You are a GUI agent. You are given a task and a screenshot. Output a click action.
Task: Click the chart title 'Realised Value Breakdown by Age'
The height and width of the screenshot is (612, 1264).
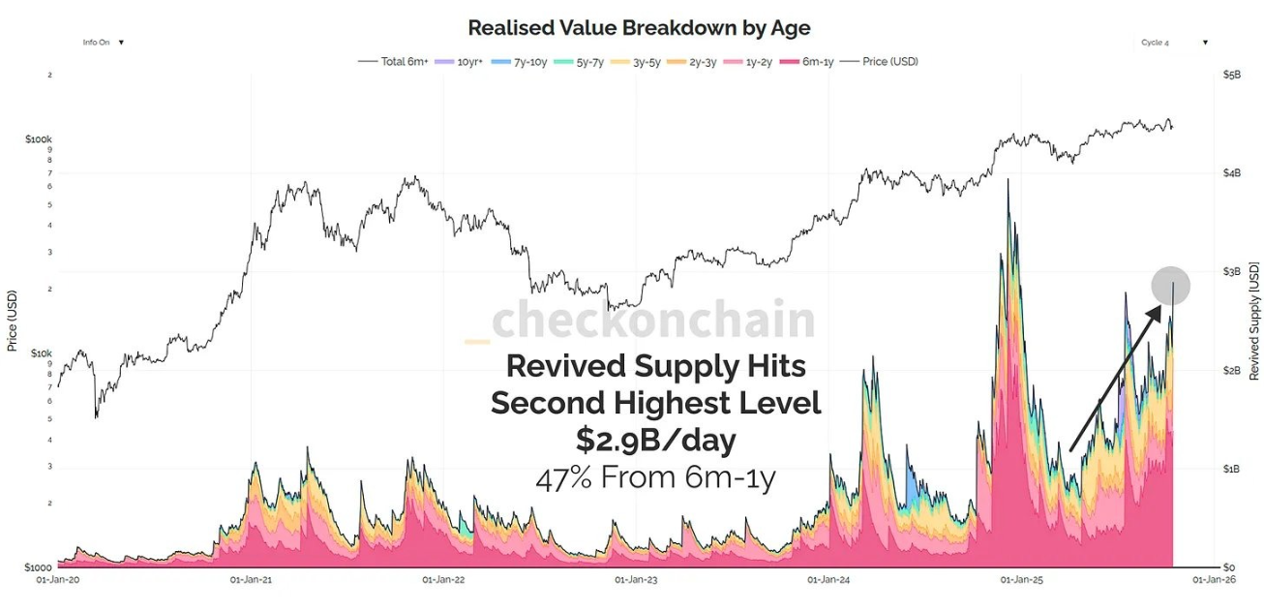(x=639, y=28)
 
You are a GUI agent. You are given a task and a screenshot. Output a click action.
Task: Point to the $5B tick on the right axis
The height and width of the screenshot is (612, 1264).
(x=1230, y=75)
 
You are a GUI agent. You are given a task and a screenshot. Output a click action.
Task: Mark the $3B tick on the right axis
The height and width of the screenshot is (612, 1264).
(x=1230, y=272)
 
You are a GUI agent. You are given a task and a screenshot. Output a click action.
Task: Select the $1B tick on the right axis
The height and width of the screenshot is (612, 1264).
(x=1230, y=469)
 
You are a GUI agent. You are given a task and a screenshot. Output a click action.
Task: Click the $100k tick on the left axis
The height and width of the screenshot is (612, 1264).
(x=39, y=139)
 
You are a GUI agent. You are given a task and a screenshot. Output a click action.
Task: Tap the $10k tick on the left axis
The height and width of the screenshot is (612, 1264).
(x=40, y=353)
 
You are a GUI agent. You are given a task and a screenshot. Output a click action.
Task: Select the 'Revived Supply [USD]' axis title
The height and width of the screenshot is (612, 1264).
(x=1253, y=321)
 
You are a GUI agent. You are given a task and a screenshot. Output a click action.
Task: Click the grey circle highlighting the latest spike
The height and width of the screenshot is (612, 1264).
(x=1170, y=286)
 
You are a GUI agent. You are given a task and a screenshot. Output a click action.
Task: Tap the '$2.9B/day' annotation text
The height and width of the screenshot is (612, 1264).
(x=655, y=440)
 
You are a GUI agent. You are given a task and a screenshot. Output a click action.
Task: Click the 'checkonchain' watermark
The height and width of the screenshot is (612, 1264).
(x=652, y=321)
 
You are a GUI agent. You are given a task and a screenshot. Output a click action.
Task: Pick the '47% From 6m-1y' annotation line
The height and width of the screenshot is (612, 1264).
(x=655, y=477)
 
